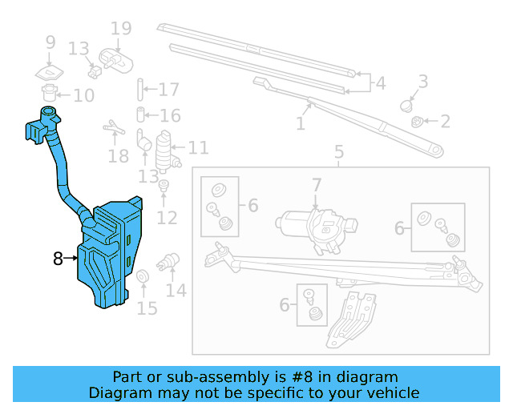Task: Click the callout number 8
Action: [58, 259]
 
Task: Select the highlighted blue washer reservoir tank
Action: [111, 255]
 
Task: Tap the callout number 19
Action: [120, 30]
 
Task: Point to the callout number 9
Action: [50, 42]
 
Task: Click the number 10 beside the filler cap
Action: [83, 95]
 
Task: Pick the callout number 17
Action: [168, 90]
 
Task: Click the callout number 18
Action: [118, 155]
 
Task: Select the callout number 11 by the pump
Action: [198, 147]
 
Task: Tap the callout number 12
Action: [167, 217]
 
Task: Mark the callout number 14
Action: [176, 289]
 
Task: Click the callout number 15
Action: [147, 307]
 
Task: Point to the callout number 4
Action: [379, 82]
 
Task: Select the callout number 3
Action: [422, 81]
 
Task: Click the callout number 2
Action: [444, 122]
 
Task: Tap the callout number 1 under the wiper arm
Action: [301, 124]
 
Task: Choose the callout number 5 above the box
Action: [338, 152]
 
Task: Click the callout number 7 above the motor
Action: [317, 186]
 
